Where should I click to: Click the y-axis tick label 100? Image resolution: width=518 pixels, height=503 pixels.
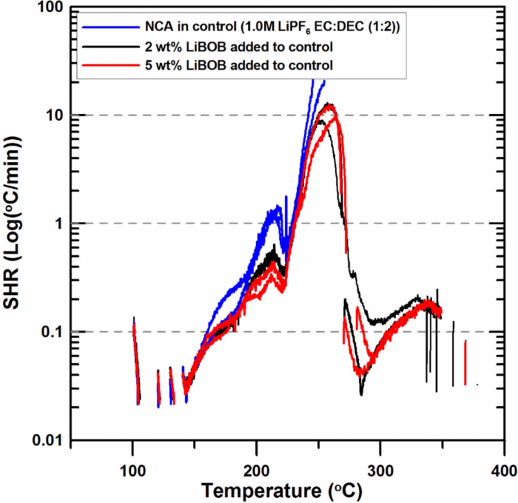[50, 7]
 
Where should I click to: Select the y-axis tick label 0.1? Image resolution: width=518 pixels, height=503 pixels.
[53, 332]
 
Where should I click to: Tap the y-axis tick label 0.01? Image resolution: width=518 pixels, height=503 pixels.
[48, 440]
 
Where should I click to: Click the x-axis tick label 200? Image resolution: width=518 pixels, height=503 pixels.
[257, 471]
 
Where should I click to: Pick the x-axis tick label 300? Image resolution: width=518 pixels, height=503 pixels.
[380, 471]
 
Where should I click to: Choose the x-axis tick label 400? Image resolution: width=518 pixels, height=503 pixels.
[504, 471]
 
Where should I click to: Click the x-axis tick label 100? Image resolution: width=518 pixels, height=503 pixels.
[133, 471]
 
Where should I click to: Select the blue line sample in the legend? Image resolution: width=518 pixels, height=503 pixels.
[111, 28]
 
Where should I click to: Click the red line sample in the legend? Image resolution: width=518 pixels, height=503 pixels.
[111, 65]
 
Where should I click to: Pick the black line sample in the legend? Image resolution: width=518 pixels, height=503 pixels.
[111, 47]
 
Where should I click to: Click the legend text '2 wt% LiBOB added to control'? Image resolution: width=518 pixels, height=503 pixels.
[239, 47]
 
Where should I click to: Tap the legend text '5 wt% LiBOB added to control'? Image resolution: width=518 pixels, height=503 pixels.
[239, 65]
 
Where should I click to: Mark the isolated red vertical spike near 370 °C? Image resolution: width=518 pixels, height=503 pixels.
[465, 362]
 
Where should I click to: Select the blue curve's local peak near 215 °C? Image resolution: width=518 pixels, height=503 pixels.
[278, 207]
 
